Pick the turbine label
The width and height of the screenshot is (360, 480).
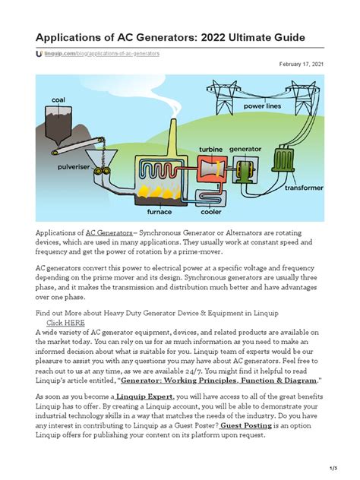[210, 148]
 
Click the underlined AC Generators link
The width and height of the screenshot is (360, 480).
[109, 231]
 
